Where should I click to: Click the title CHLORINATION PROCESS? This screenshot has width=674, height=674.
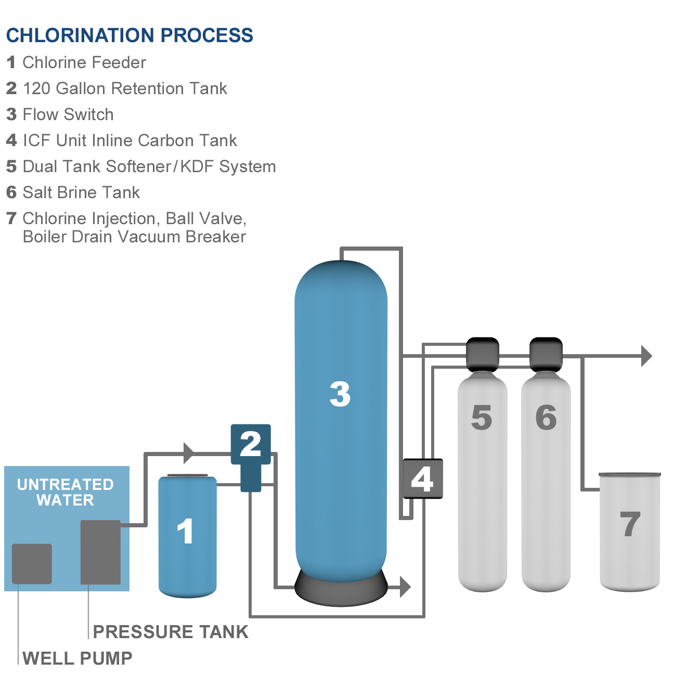[129, 35]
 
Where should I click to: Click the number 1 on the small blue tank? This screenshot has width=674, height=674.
[185, 532]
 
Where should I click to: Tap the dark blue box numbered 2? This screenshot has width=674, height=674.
[251, 444]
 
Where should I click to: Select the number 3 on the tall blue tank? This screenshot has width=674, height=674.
[340, 394]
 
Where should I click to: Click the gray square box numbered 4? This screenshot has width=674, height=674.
[422, 479]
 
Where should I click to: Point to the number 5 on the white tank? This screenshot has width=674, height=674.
[482, 417]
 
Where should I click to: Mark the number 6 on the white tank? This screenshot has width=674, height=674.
[546, 417]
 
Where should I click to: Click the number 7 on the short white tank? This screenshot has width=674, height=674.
[630, 524]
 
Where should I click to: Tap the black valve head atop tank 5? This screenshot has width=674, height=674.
[482, 354]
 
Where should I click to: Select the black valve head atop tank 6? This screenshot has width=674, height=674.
[546, 354]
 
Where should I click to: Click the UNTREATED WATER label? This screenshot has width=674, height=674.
[66, 492]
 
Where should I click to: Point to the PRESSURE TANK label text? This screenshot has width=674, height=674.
[171, 632]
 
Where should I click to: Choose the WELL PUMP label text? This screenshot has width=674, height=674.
[77, 658]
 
